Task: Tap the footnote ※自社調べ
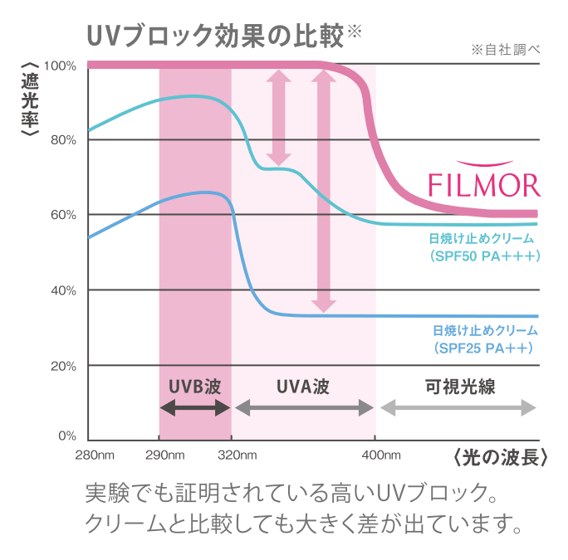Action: (505, 50)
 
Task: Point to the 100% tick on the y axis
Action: (61, 65)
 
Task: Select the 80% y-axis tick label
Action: (63, 139)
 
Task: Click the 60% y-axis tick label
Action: (63, 215)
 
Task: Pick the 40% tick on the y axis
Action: (63, 290)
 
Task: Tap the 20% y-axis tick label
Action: (63, 365)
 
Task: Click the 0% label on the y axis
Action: (66, 436)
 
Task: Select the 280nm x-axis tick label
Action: (94, 455)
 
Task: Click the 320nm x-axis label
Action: (237, 455)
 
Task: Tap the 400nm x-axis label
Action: (381, 455)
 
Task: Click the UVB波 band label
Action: (194, 387)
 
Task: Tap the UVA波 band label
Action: (303, 387)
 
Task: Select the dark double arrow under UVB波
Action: (194, 407)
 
